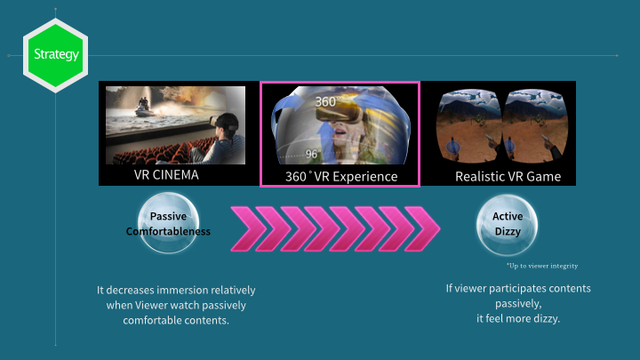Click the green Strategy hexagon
pos(55,55)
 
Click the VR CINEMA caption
pos(166,175)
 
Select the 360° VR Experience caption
pos(341,176)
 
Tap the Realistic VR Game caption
pos(508,176)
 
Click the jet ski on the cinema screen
pos(144,108)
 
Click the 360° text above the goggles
pos(325,101)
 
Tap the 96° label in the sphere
pos(312,154)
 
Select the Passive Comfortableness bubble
pos(168,223)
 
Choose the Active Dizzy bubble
pos(507,225)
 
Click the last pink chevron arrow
pos(422,228)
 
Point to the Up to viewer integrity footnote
pos(542,266)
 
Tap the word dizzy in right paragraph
pos(546,318)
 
